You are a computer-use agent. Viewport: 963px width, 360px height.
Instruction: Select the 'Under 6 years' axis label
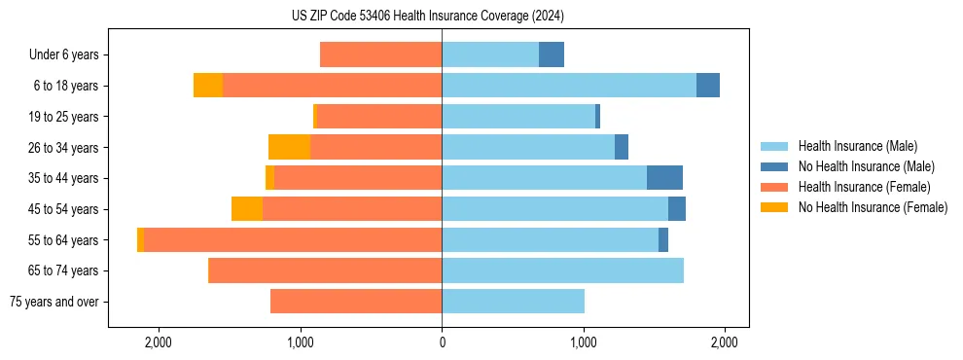coord(64,55)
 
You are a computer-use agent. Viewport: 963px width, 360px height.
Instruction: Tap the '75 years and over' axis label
coord(54,302)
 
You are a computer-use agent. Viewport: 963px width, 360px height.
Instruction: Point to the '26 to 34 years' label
coord(63,148)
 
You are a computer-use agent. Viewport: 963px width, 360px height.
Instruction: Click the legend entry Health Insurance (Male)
coord(857,146)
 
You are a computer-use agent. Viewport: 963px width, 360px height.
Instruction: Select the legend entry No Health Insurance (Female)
coord(873,207)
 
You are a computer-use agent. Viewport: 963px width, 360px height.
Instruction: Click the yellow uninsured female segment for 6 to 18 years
coord(208,86)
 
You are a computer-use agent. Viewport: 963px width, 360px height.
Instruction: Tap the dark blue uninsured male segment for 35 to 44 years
coord(664,178)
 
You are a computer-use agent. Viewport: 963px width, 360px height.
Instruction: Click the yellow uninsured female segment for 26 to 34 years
coord(289,147)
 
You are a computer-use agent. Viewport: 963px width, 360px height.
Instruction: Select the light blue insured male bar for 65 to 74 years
coord(562,270)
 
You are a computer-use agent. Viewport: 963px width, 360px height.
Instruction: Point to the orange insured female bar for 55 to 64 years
coord(293,239)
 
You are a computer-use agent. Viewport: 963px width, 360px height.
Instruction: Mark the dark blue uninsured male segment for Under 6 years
coord(552,55)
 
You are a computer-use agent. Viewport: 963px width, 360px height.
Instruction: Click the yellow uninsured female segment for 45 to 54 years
coord(247,209)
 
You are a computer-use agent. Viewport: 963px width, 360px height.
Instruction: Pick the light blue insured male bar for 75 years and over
coord(513,302)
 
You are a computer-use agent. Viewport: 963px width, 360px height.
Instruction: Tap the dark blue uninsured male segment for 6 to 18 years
coord(708,86)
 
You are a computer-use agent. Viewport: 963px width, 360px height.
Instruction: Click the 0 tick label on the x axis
coord(442,342)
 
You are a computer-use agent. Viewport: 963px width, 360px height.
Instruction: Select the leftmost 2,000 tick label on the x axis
coord(159,342)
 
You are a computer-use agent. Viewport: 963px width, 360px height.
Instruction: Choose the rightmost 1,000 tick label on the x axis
coord(583,342)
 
